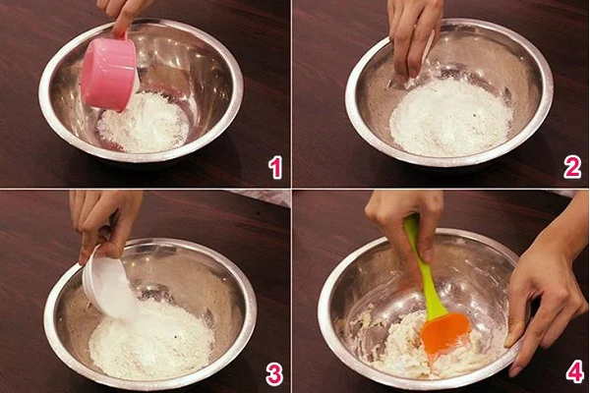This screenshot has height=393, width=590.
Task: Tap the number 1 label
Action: click(275, 168)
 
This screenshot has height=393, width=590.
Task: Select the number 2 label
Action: click(572, 168)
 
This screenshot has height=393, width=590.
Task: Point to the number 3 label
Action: click(274, 373)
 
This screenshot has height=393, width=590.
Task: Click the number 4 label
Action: click(575, 370)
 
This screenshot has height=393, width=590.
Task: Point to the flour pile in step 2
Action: click(450, 117)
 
